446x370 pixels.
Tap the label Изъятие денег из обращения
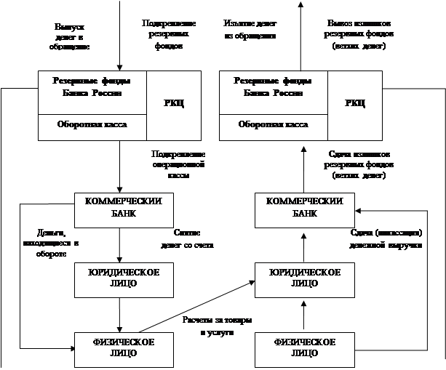pos(250,29)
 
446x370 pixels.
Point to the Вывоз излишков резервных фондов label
pos(357,34)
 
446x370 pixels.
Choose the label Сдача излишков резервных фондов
pos(357,166)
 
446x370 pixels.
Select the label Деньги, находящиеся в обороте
pos(49,244)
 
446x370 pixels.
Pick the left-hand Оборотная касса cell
pos(92,125)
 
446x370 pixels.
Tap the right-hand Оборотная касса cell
pos(273,125)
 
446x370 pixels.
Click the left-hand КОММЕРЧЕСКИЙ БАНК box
pos(124,208)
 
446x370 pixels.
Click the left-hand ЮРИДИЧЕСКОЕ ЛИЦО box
pos(124,278)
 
